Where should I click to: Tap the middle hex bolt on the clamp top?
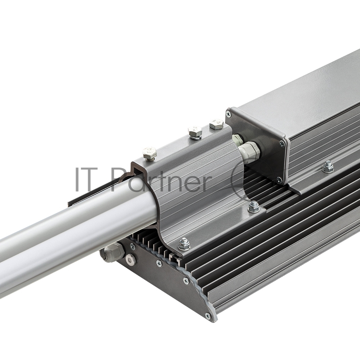coord(195,133)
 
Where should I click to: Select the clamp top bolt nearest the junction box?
coord(216,124)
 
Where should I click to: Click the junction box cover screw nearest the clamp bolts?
coord(228,113)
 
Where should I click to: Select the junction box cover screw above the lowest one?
coord(282,144)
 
